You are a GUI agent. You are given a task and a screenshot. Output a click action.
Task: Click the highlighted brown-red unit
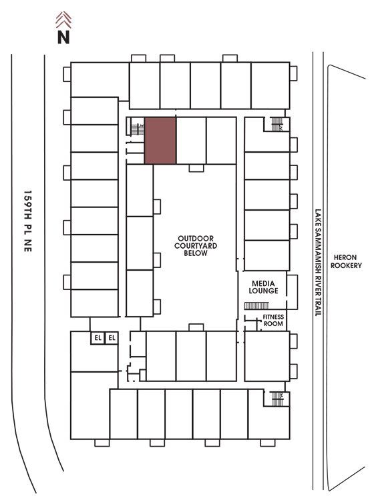tap(160, 141)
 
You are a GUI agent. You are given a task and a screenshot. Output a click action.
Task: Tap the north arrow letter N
tap(63, 37)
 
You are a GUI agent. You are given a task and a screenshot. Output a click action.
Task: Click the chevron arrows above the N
tap(63, 20)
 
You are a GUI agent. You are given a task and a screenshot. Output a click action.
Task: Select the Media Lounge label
tap(263, 287)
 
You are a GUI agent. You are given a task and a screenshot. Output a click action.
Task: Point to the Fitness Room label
tap(273, 320)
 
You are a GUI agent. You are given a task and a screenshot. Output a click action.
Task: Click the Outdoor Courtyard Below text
tap(196, 245)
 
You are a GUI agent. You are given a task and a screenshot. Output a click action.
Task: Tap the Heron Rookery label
tap(346, 261)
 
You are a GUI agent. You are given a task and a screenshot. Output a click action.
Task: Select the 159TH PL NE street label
tap(28, 221)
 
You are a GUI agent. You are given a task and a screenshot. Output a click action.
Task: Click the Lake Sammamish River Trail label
tap(318, 263)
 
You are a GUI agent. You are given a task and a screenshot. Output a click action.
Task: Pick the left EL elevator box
tap(98, 338)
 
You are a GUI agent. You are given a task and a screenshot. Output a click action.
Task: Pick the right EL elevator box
tap(112, 338)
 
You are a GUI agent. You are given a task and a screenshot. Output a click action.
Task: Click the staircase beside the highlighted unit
tap(138, 129)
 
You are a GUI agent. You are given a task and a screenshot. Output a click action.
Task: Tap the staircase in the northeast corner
tap(277, 124)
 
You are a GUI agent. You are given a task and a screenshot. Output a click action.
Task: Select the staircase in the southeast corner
tap(277, 399)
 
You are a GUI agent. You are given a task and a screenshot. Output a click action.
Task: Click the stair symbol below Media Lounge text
tap(256, 306)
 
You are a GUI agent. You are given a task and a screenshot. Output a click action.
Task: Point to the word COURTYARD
tap(196, 245)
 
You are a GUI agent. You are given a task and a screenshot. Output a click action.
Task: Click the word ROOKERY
tap(346, 265)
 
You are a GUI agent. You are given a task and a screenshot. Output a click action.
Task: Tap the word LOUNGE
tap(263, 291)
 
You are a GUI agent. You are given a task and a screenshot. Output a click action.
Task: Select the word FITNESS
tap(273, 317)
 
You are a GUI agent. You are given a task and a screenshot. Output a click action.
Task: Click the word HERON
tap(345, 257)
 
